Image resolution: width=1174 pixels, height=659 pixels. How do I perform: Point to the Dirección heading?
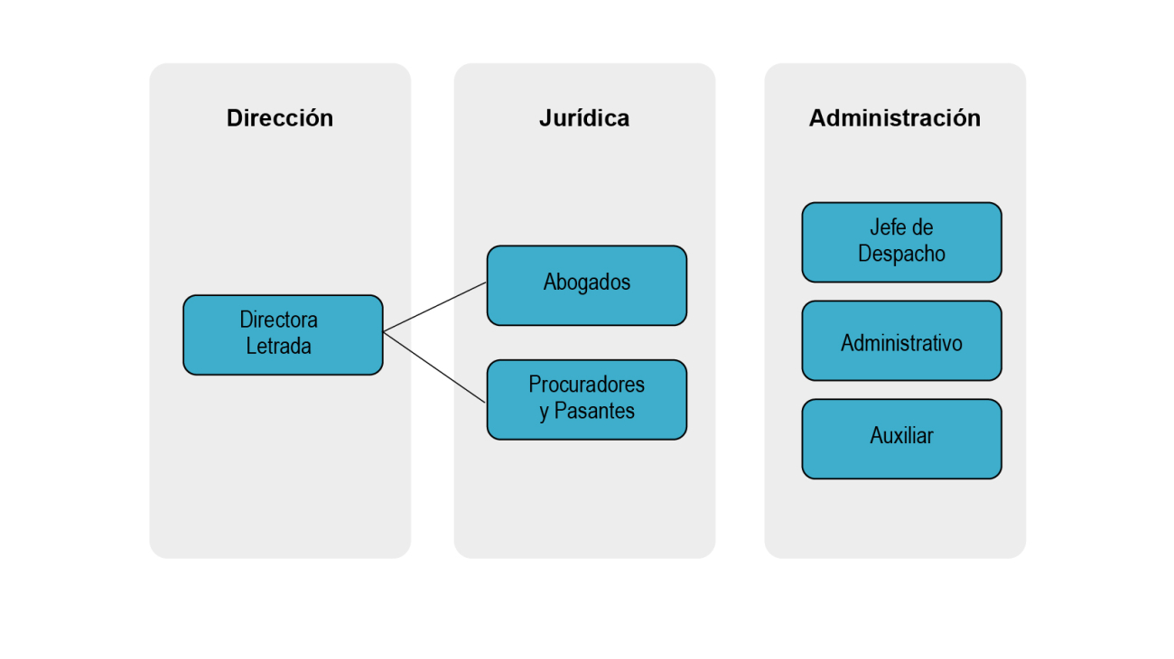point(280,118)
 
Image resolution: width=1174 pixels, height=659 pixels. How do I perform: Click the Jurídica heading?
point(584,118)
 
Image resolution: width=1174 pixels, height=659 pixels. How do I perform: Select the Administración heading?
point(894,118)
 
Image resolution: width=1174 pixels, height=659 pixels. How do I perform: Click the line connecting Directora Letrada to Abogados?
point(435,307)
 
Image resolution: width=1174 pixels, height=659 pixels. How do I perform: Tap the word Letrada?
point(278,347)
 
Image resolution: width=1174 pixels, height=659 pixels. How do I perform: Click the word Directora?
point(278,320)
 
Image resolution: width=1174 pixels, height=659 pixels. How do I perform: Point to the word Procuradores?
point(587,385)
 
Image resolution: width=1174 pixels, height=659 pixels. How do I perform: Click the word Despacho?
point(901,255)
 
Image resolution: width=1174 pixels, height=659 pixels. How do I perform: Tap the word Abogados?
point(587,283)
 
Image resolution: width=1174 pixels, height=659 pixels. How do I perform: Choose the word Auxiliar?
point(901,436)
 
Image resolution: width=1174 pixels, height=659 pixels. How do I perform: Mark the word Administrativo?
point(901,343)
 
